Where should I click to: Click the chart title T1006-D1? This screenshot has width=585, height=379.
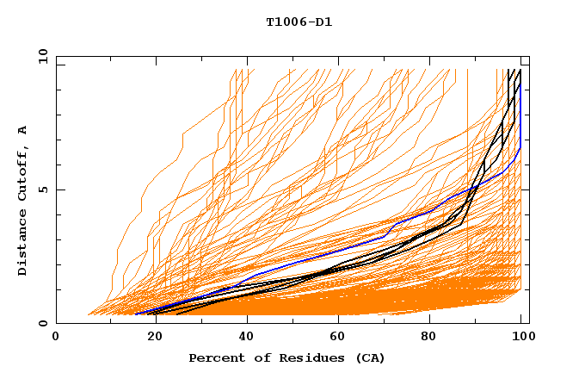(299, 22)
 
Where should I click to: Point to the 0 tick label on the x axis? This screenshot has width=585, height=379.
(57, 339)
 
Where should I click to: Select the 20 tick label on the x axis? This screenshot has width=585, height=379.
(150, 339)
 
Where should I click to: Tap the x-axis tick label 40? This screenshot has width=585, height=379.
(243, 339)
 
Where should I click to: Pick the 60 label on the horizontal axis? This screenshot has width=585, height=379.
(336, 339)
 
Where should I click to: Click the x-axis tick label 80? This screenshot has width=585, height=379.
(429, 339)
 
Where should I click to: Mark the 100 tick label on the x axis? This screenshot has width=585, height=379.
(522, 339)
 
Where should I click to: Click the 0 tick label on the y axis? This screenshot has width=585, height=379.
(42, 323)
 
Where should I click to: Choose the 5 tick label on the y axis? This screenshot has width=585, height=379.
(42, 189)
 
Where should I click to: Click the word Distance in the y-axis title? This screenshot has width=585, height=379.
(22, 245)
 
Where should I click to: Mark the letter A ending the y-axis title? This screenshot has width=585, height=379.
(22, 131)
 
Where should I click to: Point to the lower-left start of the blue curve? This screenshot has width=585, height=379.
(136, 314)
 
